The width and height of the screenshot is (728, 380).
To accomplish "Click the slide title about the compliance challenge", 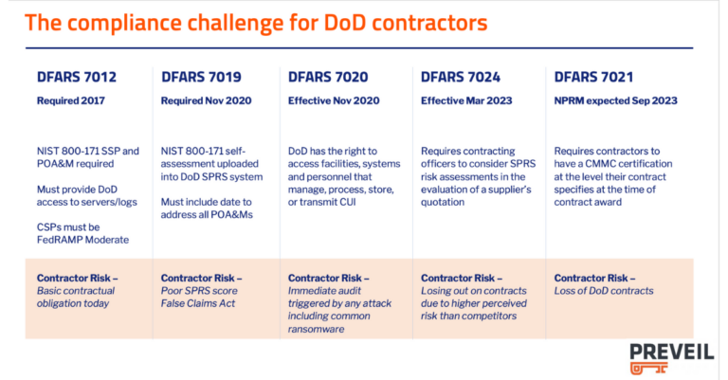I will pyautogui.click(x=256, y=23).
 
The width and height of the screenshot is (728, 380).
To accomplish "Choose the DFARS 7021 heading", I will pyautogui.click(x=593, y=77).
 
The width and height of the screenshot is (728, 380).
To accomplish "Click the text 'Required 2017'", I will pyautogui.click(x=71, y=100).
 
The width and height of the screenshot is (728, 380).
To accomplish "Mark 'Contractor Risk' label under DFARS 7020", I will pyautogui.click(x=328, y=278).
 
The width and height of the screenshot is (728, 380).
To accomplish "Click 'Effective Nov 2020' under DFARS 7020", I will pyautogui.click(x=333, y=100).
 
